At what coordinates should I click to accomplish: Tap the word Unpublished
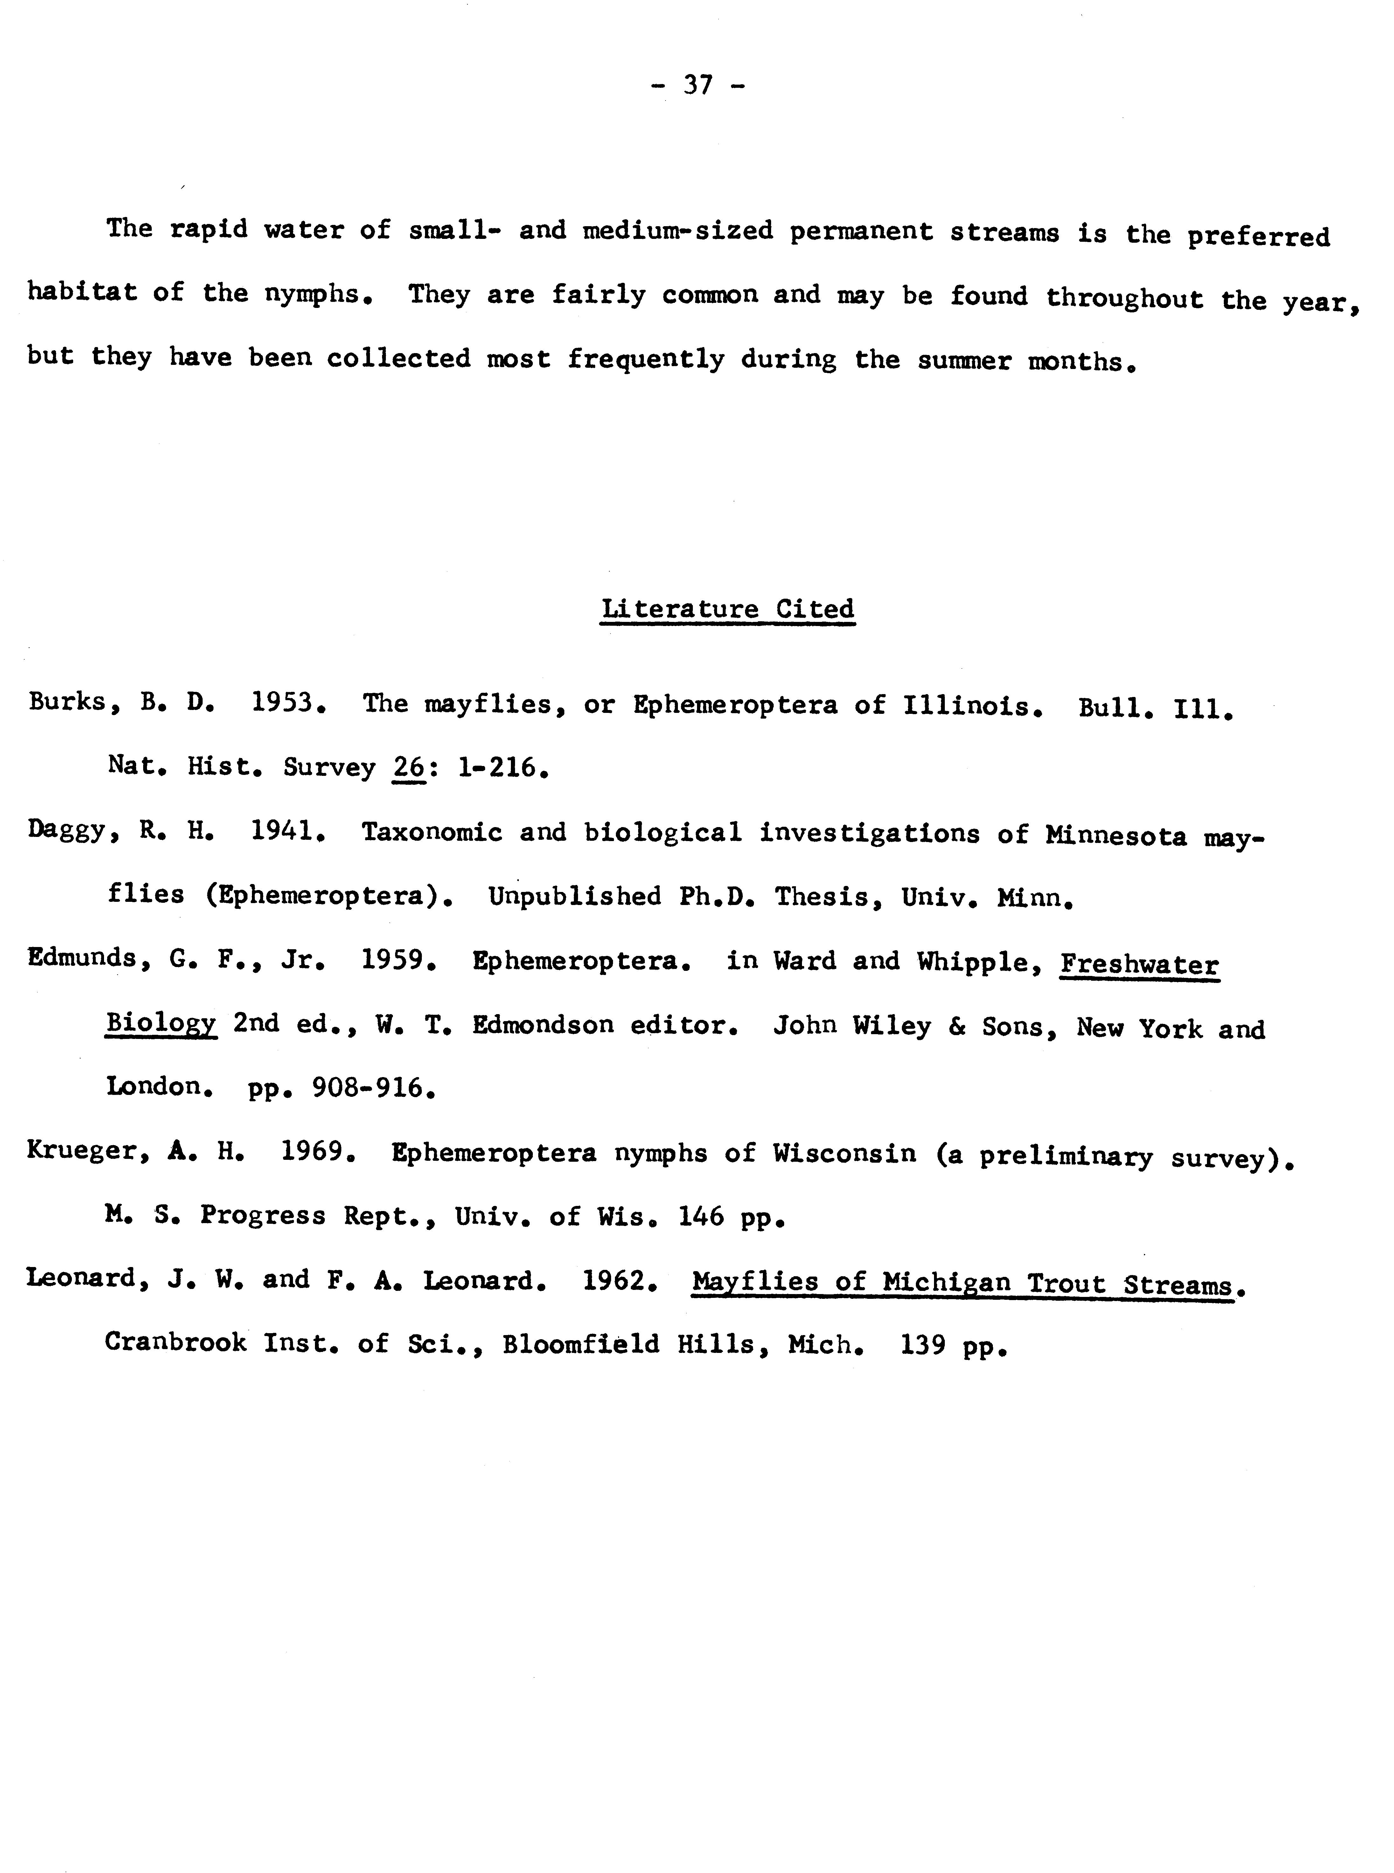coord(575,896)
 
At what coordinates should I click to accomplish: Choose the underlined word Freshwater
coord(1139,964)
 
